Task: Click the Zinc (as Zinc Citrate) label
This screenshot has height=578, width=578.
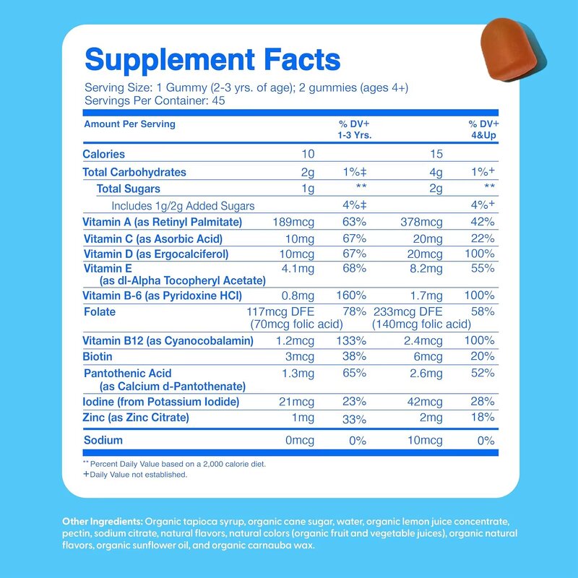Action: (137, 418)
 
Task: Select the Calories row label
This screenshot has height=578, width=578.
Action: (104, 154)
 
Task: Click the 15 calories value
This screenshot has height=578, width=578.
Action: (433, 154)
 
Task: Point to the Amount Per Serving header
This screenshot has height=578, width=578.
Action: (129, 124)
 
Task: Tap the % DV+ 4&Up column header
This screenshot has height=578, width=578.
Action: (483, 129)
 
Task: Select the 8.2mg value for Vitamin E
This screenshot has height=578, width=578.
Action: (425, 268)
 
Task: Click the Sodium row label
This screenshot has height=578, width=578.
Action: (103, 440)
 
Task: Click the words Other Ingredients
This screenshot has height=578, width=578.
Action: (102, 521)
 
